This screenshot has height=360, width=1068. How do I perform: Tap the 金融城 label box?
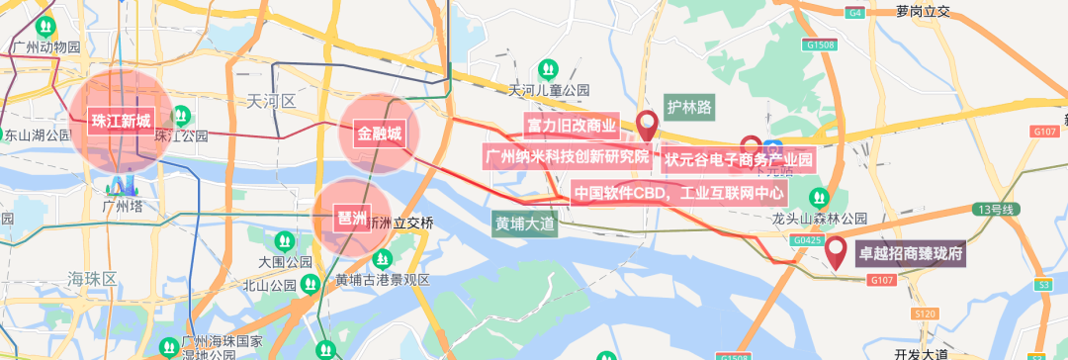click(x=380, y=134)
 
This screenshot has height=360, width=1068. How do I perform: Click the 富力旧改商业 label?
click(x=572, y=126)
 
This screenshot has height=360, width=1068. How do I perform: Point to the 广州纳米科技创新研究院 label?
click(x=568, y=156)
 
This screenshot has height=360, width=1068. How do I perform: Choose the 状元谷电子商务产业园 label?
click(x=739, y=158)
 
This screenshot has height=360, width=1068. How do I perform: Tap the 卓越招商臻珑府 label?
click(x=910, y=254)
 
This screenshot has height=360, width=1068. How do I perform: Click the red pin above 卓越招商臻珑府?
click(x=837, y=251)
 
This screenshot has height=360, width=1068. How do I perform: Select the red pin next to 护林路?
click(x=648, y=125)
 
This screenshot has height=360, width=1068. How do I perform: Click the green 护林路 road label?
click(x=689, y=106)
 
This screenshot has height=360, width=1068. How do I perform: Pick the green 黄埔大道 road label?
click(x=525, y=225)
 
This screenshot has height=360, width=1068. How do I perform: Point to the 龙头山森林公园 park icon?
click(x=818, y=197)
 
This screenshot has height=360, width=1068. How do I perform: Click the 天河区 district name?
click(x=271, y=101)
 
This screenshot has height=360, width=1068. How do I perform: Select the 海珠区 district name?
click(x=93, y=278)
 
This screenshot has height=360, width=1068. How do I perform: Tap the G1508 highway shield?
click(x=821, y=45)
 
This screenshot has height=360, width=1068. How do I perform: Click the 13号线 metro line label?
click(x=994, y=209)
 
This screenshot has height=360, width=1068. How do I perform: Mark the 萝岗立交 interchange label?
click(x=923, y=12)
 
